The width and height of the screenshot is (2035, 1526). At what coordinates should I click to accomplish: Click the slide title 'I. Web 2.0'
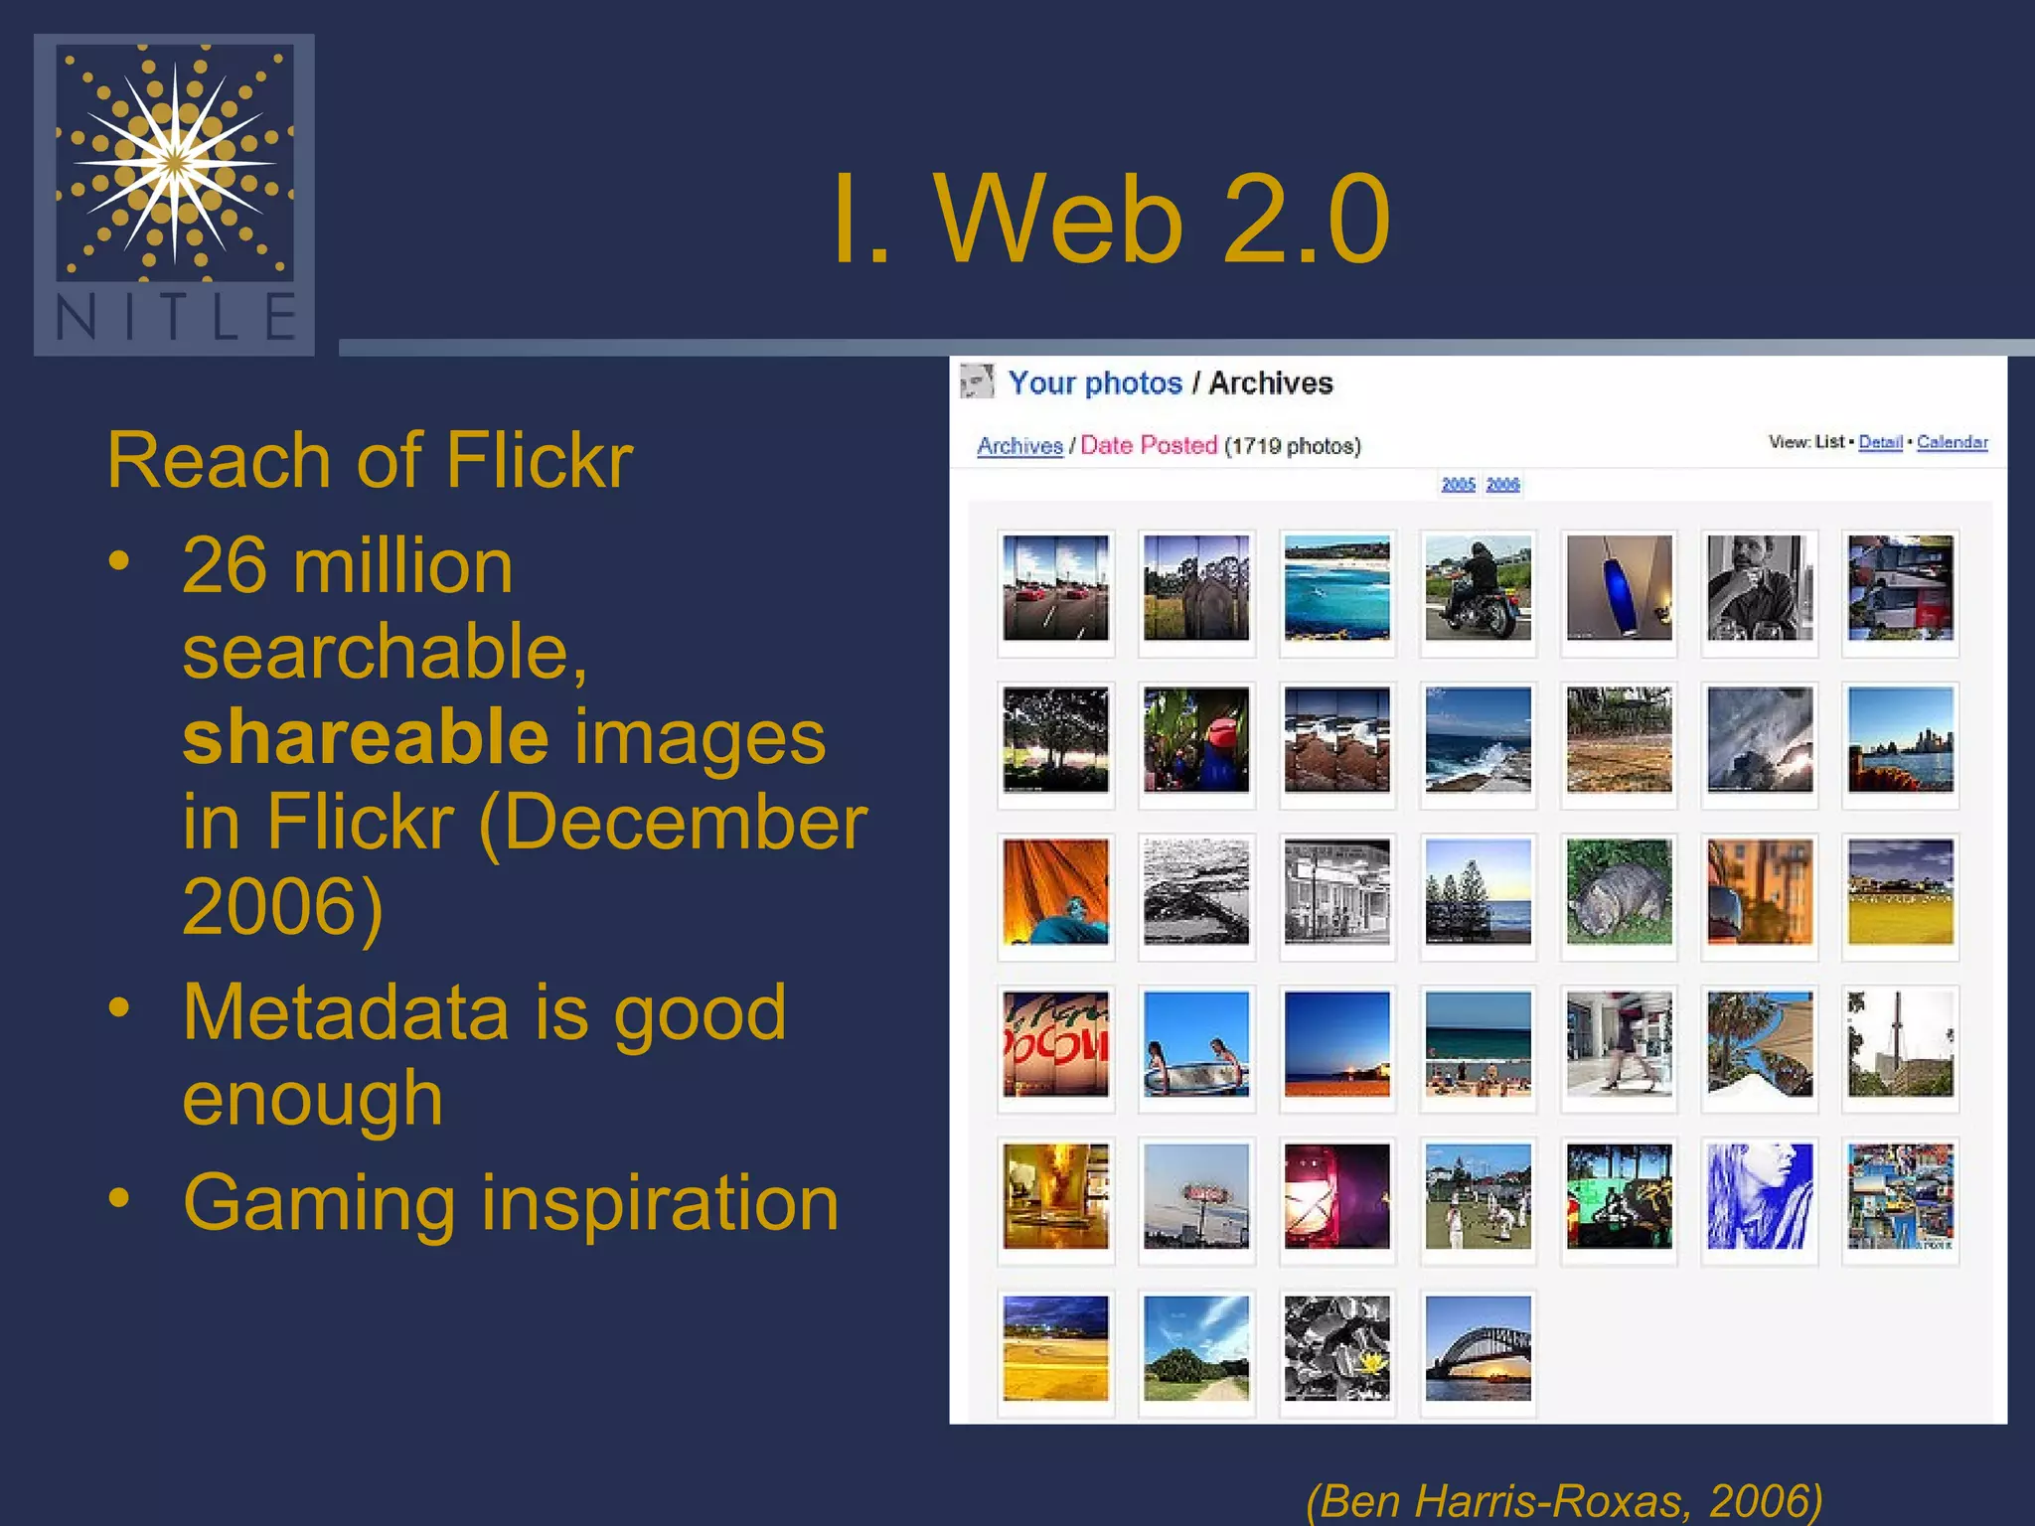pos(1110,220)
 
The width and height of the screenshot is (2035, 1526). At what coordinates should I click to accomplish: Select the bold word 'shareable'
pos(365,737)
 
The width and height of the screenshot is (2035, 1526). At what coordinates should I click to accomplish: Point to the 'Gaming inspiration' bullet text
pos(511,1203)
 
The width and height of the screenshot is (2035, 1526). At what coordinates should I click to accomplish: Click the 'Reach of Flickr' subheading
pos(370,460)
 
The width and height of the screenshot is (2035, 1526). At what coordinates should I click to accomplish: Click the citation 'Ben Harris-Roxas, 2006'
pos(1564,1499)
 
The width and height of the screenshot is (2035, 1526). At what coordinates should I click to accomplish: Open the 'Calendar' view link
pos(1952,442)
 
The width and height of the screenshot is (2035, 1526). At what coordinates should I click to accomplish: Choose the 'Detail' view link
pos(1879,442)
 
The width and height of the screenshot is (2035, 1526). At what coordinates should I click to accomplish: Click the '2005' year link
pos(1458,485)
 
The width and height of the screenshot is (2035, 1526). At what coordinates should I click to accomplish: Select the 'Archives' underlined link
pos(1019,446)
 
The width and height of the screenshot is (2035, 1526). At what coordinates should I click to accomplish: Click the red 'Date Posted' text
pos(1148,445)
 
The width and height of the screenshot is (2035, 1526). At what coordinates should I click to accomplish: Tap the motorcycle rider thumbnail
pos(1478,588)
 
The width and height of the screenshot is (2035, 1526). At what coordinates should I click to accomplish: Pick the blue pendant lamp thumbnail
pos(1619,588)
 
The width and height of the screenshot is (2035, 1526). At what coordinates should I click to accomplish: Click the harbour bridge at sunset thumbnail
pos(1478,1348)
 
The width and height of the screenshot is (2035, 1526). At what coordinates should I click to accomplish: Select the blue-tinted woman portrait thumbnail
pos(1759,1196)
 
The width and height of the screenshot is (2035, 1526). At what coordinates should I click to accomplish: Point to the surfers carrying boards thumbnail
pos(1195,1044)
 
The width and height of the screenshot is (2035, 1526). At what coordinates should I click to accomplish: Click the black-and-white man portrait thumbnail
pos(1759,588)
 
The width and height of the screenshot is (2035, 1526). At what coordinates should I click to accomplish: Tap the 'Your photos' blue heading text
pos(1094,383)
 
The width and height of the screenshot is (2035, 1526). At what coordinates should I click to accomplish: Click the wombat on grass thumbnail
pos(1619,892)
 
